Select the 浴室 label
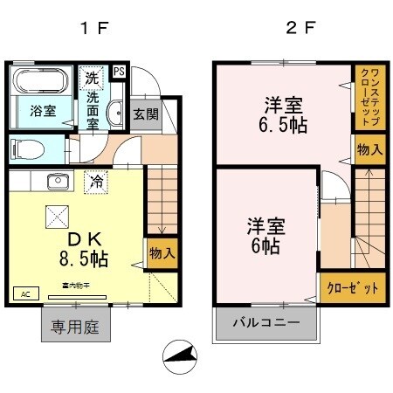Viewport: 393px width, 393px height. point(42,111)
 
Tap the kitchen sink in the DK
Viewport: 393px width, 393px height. point(58,183)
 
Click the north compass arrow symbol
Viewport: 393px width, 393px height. point(182,355)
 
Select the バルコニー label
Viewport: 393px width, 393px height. point(266,323)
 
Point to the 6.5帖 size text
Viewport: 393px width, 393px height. point(282,126)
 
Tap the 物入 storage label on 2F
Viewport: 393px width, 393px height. point(369,149)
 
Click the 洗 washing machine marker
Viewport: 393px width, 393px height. point(93,77)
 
